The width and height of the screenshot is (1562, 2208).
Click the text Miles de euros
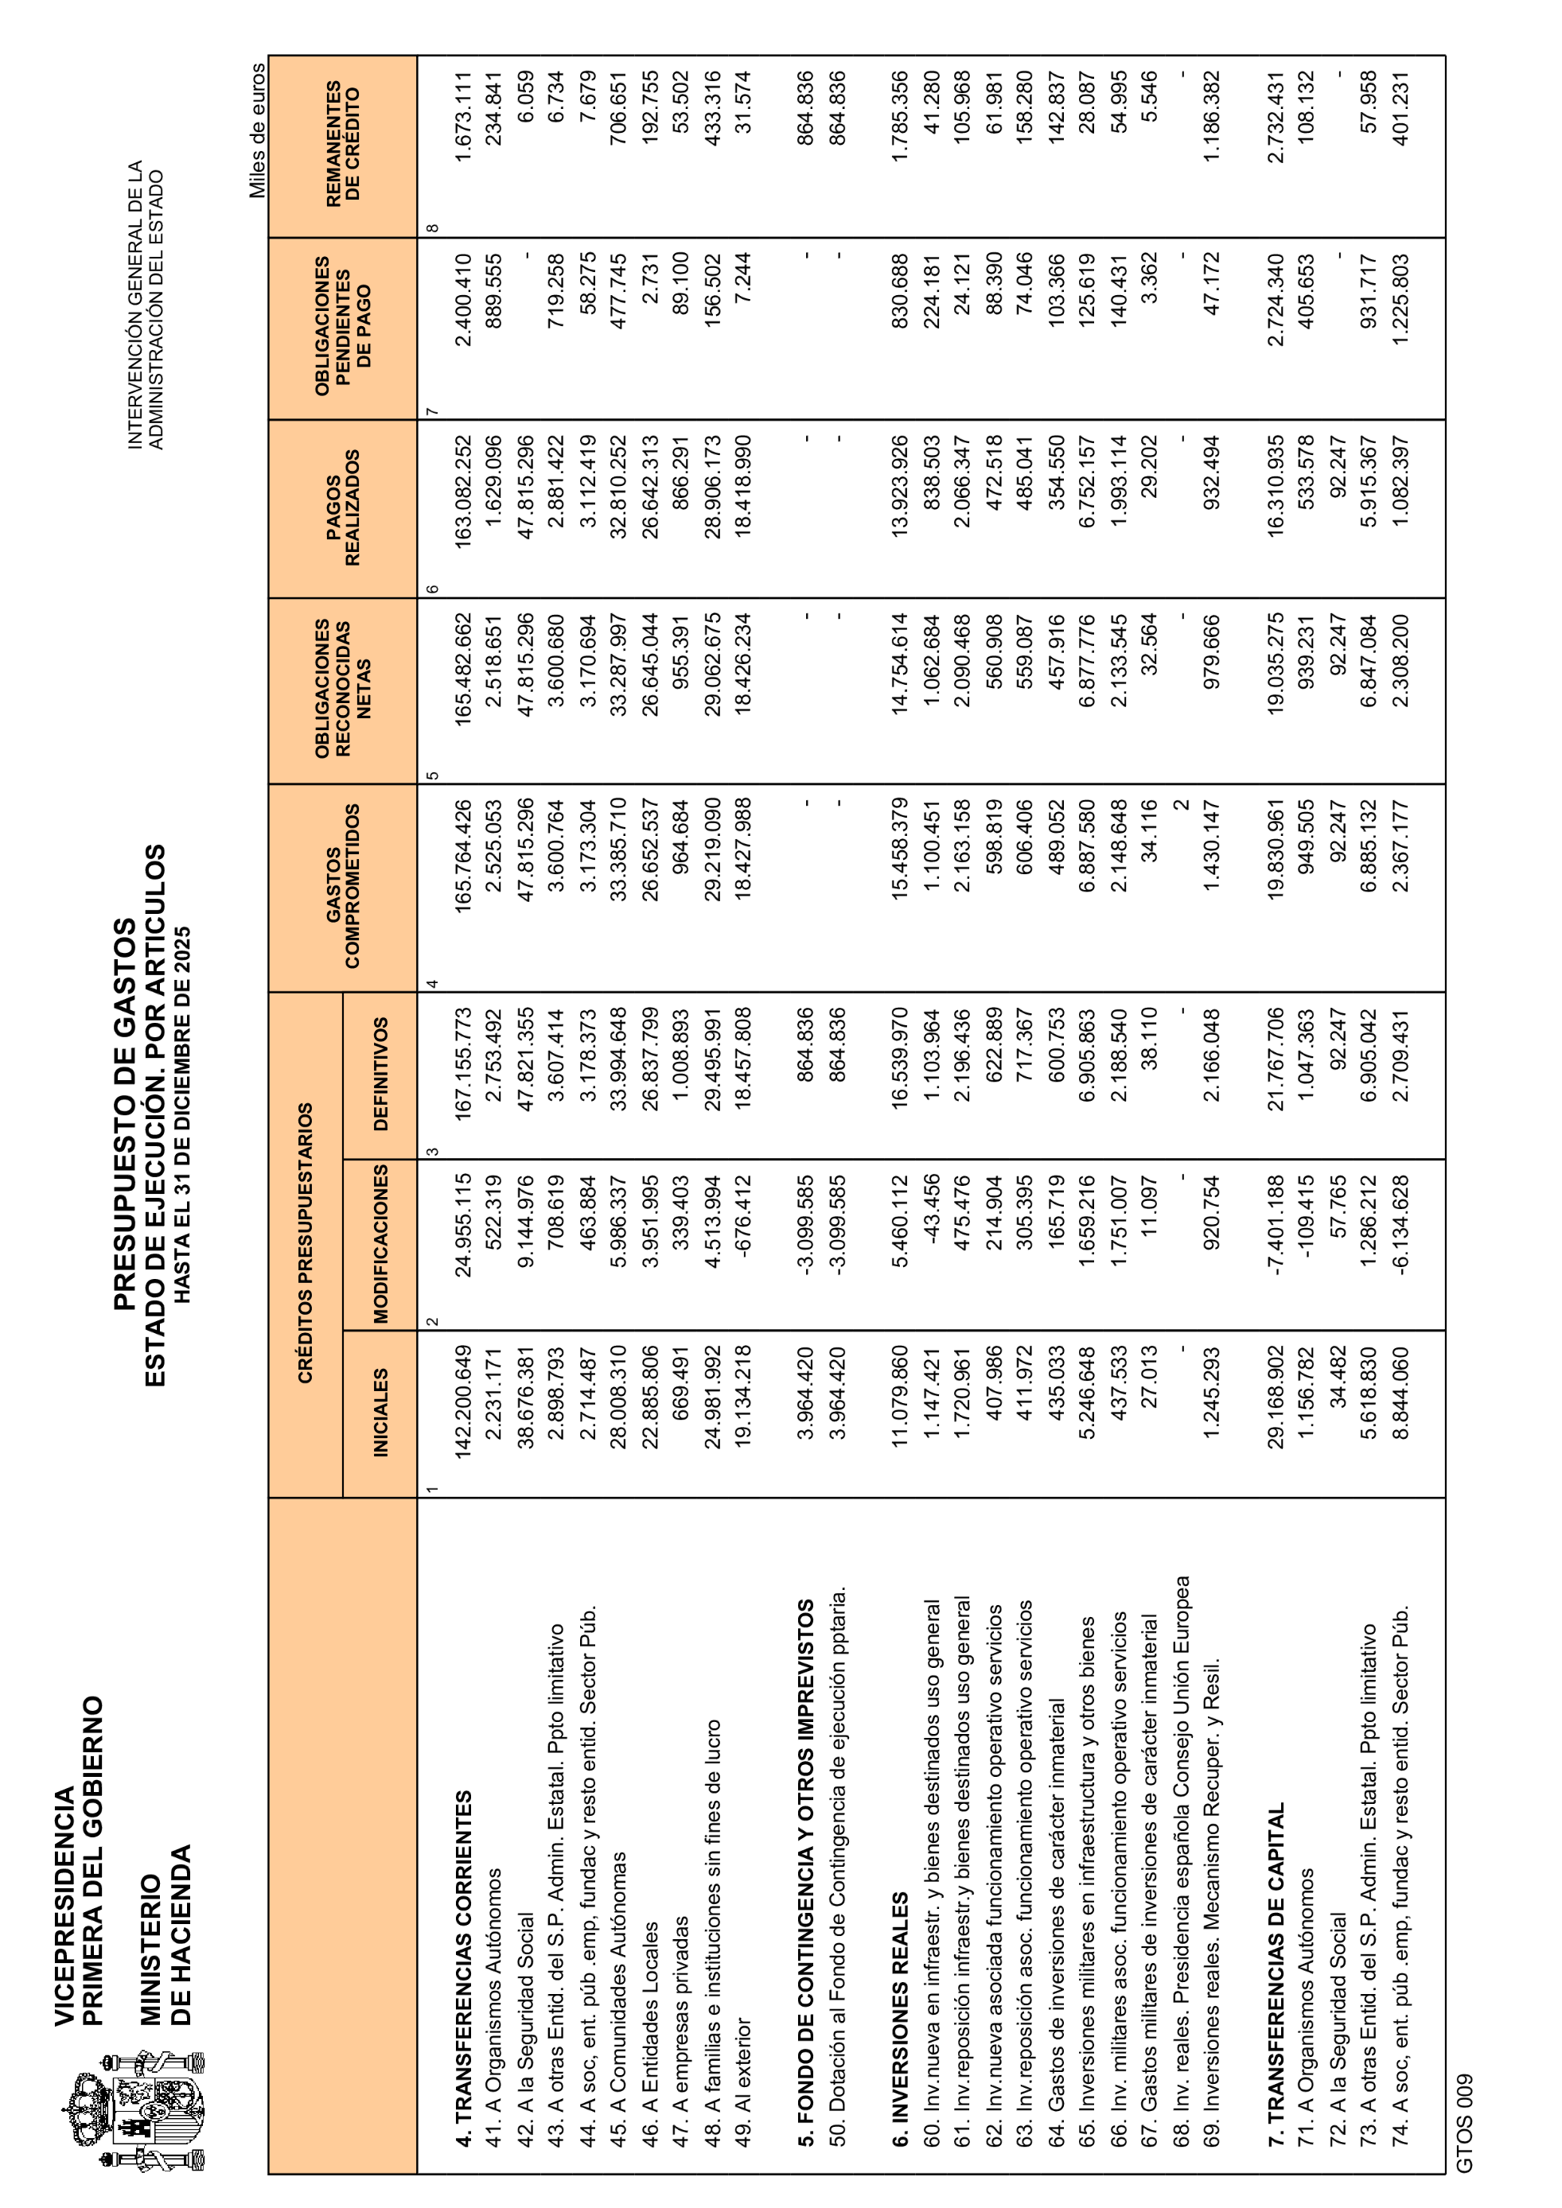(258, 130)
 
